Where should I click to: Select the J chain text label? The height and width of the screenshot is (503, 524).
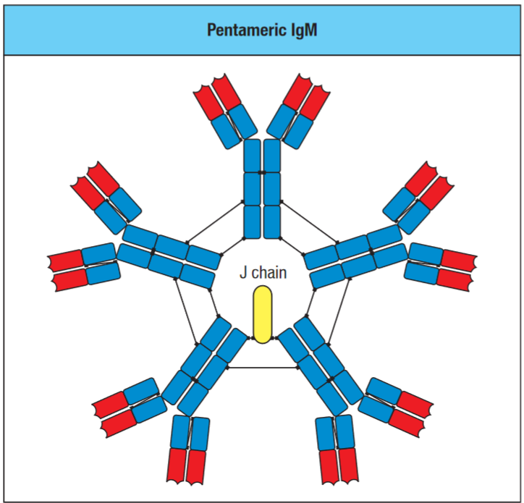[263, 274]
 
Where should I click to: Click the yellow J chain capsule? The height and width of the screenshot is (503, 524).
[262, 314]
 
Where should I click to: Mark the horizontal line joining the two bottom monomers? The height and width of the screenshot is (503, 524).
[262, 368]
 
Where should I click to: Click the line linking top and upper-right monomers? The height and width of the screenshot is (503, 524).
[309, 219]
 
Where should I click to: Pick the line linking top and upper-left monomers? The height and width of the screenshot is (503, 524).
[215, 219]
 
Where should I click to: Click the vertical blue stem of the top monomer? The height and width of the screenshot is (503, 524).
[262, 189]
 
